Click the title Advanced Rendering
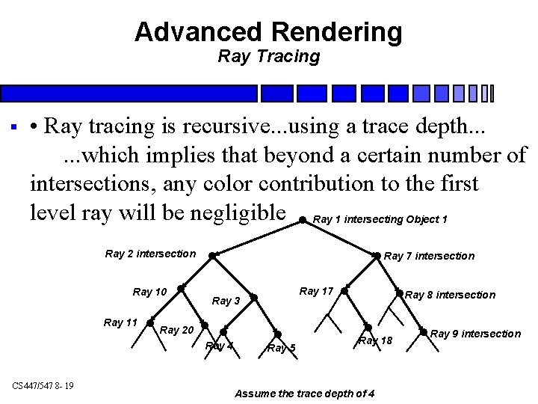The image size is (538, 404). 268,32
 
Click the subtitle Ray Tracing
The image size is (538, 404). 268,56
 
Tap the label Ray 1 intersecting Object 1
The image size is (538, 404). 380,219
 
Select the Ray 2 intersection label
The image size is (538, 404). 150,254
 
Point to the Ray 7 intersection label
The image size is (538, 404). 429,256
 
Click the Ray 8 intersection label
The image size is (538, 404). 450,295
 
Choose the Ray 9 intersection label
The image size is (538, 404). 476,334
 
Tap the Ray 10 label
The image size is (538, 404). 149,292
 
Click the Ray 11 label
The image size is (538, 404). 120,322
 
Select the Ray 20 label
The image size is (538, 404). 177,330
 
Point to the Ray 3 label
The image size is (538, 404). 226,301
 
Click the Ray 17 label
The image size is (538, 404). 316,291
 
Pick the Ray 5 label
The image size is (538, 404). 281,348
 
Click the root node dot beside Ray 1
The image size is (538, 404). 302,221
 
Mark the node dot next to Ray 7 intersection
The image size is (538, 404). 377,256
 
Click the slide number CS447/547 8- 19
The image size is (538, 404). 43,386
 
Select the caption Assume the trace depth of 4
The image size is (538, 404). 305,394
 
